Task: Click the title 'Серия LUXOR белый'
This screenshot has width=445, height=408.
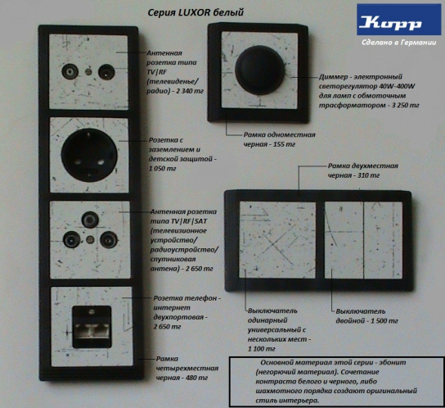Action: (196, 13)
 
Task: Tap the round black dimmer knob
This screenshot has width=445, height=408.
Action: (259, 70)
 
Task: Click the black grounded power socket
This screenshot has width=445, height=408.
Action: (89, 155)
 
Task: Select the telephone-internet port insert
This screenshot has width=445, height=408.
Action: (92, 327)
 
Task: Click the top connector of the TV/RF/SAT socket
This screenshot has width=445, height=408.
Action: (90, 220)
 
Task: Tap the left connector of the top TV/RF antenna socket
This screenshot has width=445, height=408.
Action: (70, 71)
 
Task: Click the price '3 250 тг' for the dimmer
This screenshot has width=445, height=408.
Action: (405, 105)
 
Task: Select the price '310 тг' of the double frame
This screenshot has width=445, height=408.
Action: (368, 175)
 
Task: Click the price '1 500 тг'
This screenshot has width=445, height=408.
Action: (384, 320)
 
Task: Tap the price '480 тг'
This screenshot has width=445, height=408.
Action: (196, 378)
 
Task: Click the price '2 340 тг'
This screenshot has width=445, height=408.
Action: (190, 91)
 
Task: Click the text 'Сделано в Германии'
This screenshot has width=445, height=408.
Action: (398, 43)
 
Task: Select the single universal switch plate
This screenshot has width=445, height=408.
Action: (277, 240)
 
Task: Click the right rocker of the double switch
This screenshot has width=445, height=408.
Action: (383, 240)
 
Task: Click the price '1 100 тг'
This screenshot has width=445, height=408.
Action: (262, 349)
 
